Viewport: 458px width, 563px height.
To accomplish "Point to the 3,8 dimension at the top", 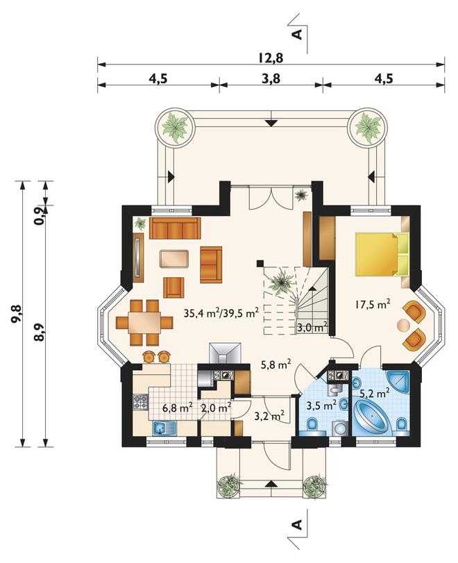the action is [271, 78].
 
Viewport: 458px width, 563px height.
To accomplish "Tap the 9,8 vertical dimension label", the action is [17, 314].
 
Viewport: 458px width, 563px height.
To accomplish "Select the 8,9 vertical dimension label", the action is [40, 332].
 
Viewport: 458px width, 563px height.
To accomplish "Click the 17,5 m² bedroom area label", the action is [373, 305].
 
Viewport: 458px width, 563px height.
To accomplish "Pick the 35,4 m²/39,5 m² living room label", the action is [221, 312].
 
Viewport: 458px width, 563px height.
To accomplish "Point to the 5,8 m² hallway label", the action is [275, 364].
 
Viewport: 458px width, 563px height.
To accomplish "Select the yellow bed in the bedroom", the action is [382, 254].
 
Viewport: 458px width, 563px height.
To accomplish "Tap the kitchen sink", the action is [164, 428].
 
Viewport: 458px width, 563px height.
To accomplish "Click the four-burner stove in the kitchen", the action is [140, 402].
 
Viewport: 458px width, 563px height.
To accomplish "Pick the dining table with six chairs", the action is [144, 322].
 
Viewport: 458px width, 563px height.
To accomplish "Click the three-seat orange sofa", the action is [175, 228].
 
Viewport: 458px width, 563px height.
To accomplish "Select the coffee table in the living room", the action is [174, 258].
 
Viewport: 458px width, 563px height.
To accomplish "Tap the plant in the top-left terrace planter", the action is [175, 126].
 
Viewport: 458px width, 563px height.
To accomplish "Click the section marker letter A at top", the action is [297, 34].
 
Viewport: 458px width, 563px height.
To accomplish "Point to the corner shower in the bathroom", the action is [398, 382].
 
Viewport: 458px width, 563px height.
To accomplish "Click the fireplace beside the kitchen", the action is [226, 353].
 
